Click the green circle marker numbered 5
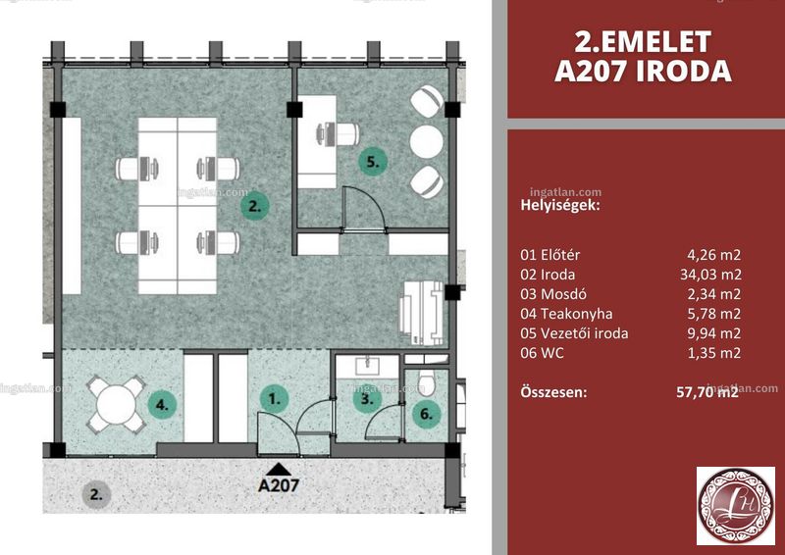pyautogui.click(x=373, y=162)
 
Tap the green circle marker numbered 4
pyautogui.click(x=163, y=404)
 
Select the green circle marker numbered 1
pyautogui.click(x=275, y=399)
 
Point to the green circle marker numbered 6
pyautogui.click(x=426, y=414)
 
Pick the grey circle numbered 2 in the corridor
pyautogui.click(x=96, y=495)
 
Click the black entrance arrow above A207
pyautogui.click(x=279, y=469)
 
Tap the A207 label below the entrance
pyautogui.click(x=279, y=484)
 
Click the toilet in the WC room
pyautogui.click(x=427, y=382)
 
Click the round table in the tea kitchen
pyautogui.click(x=117, y=404)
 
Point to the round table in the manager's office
pyautogui.click(x=427, y=141)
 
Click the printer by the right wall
pyautogui.click(x=422, y=313)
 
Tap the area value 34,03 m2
pyautogui.click(x=710, y=275)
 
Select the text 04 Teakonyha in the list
pyautogui.click(x=566, y=314)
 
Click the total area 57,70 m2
pyautogui.click(x=707, y=391)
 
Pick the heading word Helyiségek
pyautogui.click(x=560, y=205)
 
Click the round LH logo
pyautogui.click(x=736, y=506)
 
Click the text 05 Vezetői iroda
pyautogui.click(x=574, y=333)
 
